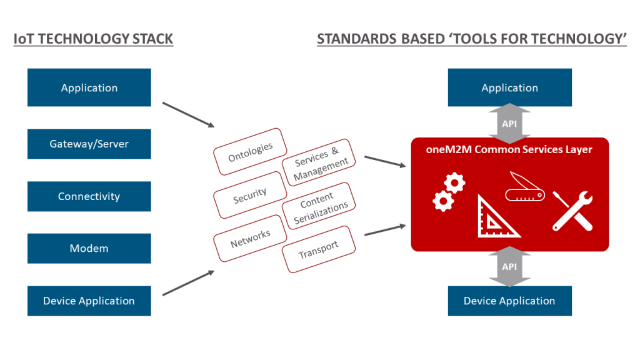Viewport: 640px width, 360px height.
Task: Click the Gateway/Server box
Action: coord(89,144)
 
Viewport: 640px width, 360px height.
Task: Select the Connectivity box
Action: coord(89,196)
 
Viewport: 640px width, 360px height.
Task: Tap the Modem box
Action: coord(89,248)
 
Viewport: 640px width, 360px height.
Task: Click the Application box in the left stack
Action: coord(89,87)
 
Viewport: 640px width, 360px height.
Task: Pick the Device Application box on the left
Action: coord(89,301)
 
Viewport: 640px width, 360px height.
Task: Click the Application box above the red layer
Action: coord(509,87)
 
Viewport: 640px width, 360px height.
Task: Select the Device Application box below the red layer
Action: coord(509,301)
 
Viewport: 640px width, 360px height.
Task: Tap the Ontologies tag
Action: coord(250,152)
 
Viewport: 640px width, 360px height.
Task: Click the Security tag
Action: coord(250,195)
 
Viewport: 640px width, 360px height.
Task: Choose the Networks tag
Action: coord(250,237)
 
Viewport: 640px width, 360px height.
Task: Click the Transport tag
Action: coord(318,249)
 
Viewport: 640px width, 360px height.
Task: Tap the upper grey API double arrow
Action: coord(509,123)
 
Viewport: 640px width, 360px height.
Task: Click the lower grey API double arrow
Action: coord(509,267)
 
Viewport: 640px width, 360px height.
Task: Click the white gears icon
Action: coord(449,192)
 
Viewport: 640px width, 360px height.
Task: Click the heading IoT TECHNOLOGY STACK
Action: coord(93,39)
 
